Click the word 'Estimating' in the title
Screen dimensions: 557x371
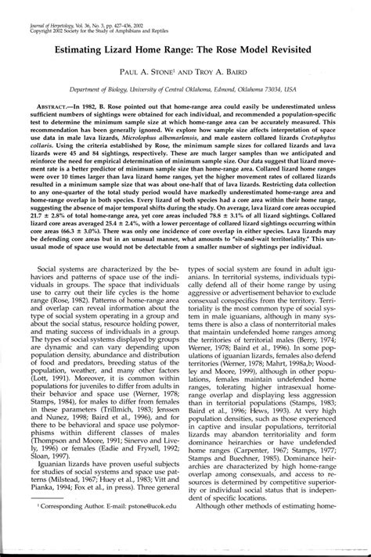(x=82, y=47)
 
